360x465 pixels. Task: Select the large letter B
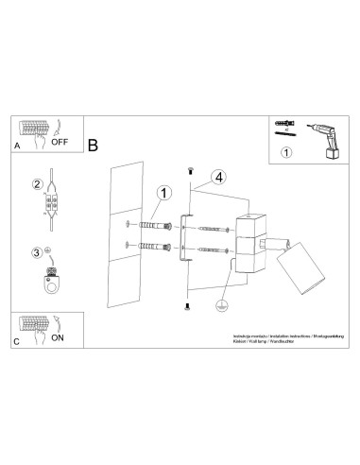(x=93, y=146)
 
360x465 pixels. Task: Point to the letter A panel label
(x=16, y=148)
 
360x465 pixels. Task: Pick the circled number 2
(x=38, y=184)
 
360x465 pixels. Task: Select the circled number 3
(x=38, y=252)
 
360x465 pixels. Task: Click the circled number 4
(x=218, y=177)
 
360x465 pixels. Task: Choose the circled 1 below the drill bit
(x=287, y=149)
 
